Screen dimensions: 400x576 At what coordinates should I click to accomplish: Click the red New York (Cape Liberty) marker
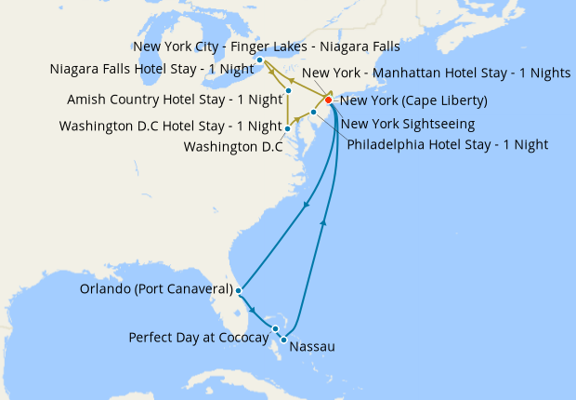[x=328, y=100]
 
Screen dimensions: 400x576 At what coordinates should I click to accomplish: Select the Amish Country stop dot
[x=289, y=91]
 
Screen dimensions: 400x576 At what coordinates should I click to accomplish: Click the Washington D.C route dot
[x=288, y=128]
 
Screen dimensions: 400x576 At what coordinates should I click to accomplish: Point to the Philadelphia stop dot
[x=314, y=113]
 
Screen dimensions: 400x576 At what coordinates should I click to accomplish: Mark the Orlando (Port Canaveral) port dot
[x=240, y=290]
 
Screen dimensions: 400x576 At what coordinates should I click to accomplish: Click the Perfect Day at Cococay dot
[x=276, y=328]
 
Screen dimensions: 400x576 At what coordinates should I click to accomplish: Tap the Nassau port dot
[x=283, y=339]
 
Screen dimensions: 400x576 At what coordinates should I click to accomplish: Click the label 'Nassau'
[x=312, y=348]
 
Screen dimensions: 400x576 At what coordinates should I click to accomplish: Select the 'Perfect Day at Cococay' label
[x=198, y=337]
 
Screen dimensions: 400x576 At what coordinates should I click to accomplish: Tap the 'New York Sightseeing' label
[x=408, y=124]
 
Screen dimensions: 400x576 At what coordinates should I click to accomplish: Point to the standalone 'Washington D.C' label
[x=232, y=147]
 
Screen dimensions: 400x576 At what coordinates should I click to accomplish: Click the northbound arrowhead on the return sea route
[x=323, y=221]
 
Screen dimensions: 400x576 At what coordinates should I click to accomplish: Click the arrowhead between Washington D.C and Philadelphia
[x=301, y=120]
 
